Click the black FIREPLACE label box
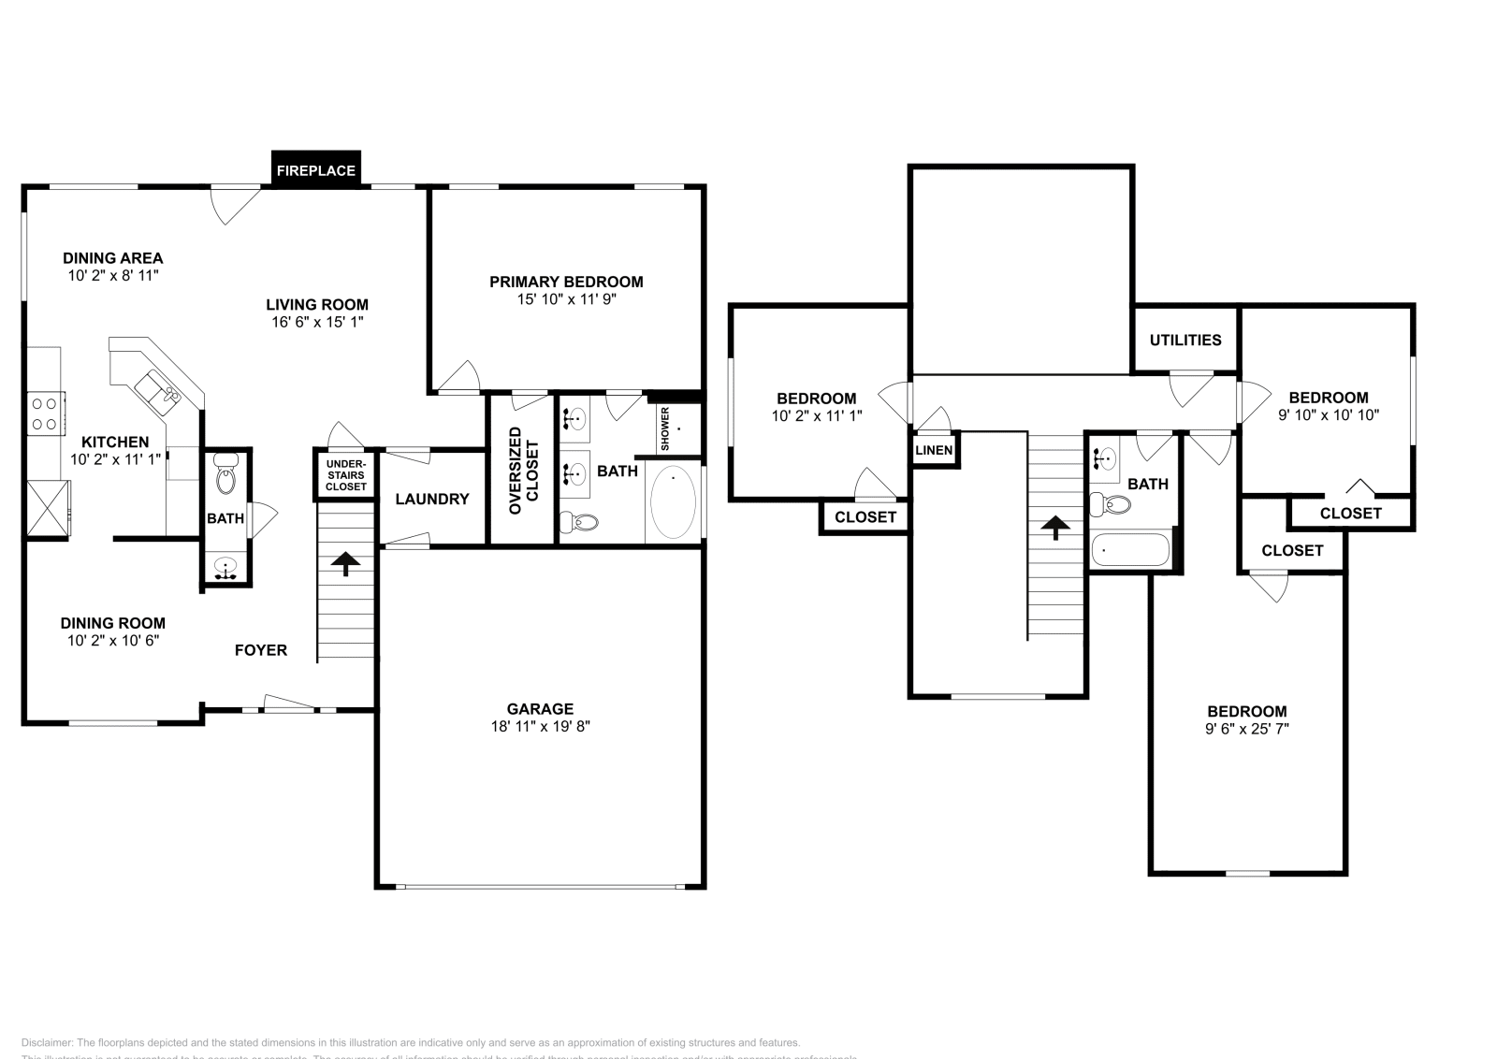click(315, 170)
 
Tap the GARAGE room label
click(540, 708)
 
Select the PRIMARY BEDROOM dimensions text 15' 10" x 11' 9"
click(566, 299)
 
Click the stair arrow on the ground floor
click(345, 563)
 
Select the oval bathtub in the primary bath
click(673, 503)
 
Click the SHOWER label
click(665, 429)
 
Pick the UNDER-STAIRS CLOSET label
click(346, 474)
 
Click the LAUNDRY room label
click(431, 499)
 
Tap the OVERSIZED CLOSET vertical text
click(523, 471)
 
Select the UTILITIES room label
click(1185, 340)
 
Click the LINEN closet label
click(933, 450)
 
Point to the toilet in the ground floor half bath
click(225, 477)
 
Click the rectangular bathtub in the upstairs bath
click(1129, 549)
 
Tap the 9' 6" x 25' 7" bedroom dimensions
click(1246, 729)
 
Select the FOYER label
click(260, 649)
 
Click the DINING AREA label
click(112, 257)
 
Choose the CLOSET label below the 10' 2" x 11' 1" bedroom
click(865, 516)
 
